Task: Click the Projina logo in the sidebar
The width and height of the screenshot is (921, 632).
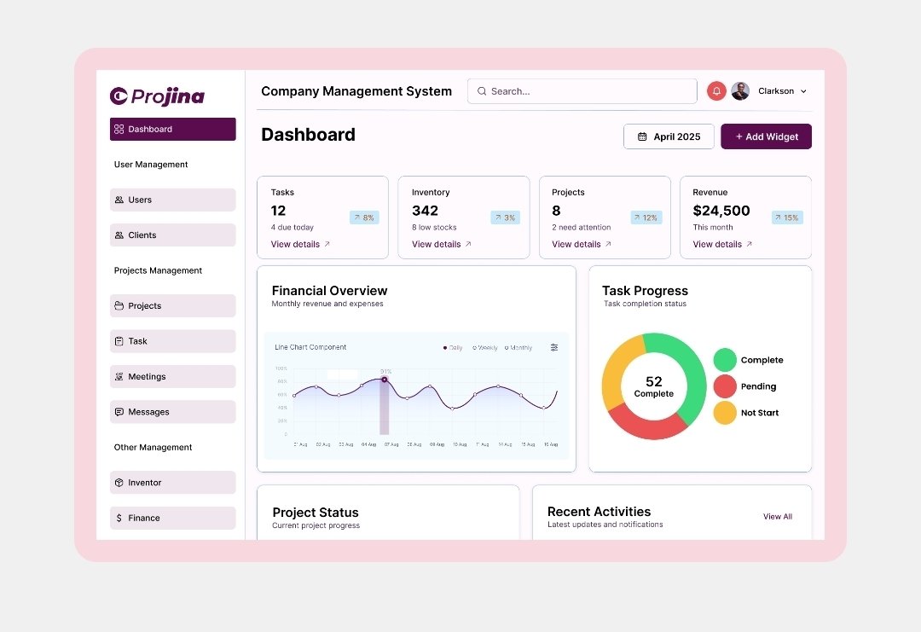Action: pyautogui.click(x=158, y=96)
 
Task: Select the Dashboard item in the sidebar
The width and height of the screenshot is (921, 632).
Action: pyautogui.click(x=172, y=129)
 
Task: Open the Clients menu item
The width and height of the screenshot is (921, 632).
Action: pyautogui.click(x=172, y=235)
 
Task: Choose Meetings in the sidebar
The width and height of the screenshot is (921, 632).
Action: pyautogui.click(x=172, y=377)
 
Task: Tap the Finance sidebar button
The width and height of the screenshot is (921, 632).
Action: pyautogui.click(x=172, y=518)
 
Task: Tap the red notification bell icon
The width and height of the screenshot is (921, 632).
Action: pyautogui.click(x=716, y=91)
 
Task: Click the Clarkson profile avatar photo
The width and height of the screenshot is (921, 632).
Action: pyautogui.click(x=740, y=91)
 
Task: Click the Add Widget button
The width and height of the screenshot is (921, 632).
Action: pyautogui.click(x=766, y=136)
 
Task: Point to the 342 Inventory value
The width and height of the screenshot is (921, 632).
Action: pyautogui.click(x=425, y=211)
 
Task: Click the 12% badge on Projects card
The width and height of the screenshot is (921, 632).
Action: pyautogui.click(x=646, y=217)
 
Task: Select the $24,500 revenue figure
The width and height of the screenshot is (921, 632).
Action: pyautogui.click(x=721, y=211)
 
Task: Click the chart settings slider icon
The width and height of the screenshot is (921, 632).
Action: pyautogui.click(x=554, y=347)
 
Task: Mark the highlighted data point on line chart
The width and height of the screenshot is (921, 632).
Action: pyautogui.click(x=385, y=380)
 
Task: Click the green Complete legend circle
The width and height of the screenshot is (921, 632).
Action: pyautogui.click(x=725, y=360)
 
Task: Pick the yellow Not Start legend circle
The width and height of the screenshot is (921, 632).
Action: pyautogui.click(x=725, y=413)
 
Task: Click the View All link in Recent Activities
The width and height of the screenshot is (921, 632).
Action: pyautogui.click(x=777, y=517)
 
